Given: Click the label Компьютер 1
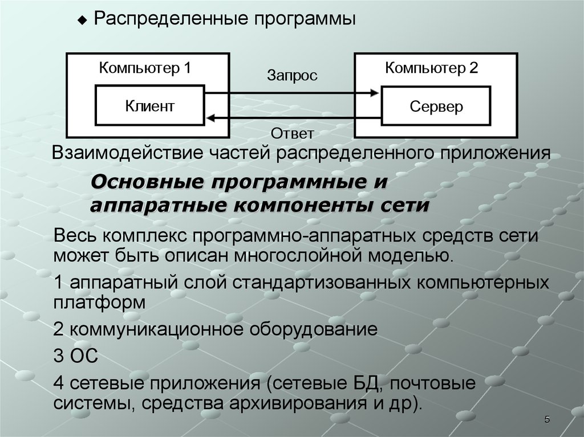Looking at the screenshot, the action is click(145, 68).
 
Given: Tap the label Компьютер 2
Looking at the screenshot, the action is click(431, 68).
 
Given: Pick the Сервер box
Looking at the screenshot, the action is click(436, 106).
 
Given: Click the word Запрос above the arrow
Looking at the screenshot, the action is click(293, 76).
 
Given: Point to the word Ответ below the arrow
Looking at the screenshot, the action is click(293, 133).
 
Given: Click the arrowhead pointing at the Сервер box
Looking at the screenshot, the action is click(374, 93).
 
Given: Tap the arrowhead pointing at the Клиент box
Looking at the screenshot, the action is click(211, 118).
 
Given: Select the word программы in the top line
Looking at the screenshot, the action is click(305, 19).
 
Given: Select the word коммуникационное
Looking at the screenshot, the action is click(157, 329).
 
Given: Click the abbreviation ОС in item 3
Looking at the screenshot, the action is click(84, 356).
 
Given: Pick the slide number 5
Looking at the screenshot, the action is click(547, 419).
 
